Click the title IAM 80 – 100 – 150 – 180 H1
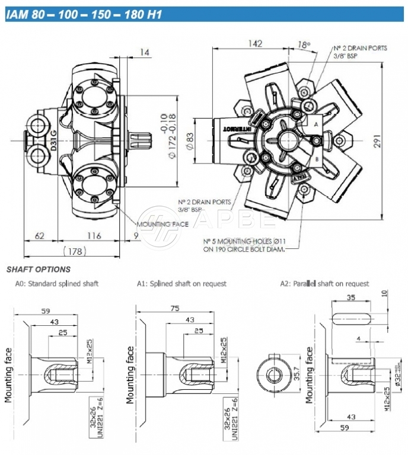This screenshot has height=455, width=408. coord(84,14)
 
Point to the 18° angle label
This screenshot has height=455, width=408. coord(304,44)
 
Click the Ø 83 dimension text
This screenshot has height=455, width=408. coord(190,140)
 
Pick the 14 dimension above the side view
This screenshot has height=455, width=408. coord(144,53)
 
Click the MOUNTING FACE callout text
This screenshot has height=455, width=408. coord(162,225)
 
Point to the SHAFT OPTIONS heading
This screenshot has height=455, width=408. coord(39,270)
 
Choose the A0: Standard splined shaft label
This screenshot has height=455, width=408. coord(57,284)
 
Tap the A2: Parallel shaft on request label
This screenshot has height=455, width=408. coord(324,284)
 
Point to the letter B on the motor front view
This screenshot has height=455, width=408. coord(317,160)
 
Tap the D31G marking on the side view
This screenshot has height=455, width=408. coord(52,140)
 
